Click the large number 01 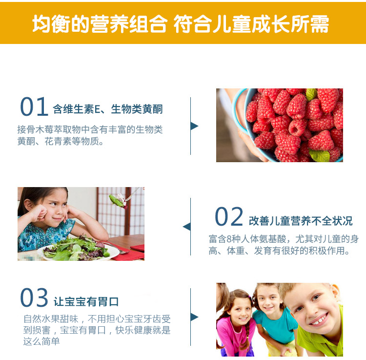point(34,106)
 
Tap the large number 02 point(229,216)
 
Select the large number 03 point(34,297)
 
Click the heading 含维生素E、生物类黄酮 point(108,109)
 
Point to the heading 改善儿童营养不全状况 point(301,221)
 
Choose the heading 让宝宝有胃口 point(86,301)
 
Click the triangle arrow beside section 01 point(194,126)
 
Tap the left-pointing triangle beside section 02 point(187,227)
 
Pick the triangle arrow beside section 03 point(194,317)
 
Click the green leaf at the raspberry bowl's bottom point(319,155)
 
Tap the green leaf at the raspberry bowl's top point(311,94)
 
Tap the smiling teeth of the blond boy point(320,319)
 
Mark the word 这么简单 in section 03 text point(41,341)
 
